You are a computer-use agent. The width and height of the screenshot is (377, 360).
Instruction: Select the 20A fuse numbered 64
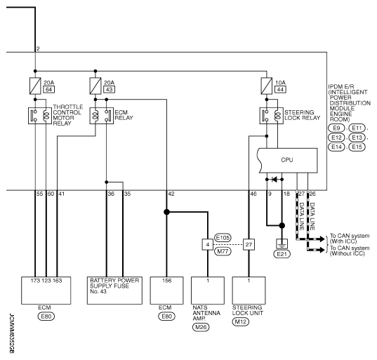tap(35, 86)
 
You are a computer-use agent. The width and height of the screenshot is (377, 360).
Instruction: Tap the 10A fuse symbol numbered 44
tap(267, 86)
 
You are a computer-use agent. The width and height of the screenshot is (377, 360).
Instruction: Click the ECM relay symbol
tap(102, 116)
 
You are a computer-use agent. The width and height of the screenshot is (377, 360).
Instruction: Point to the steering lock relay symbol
tap(272, 116)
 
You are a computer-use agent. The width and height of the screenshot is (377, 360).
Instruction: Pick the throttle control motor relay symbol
tap(40, 116)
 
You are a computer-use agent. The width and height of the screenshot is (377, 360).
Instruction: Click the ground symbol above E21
tap(282, 244)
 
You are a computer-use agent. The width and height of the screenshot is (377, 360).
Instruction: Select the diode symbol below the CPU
tap(275, 179)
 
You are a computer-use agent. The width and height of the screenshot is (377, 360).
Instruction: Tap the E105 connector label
tap(223, 238)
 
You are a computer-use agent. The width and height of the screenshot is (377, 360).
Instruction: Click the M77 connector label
tap(223, 251)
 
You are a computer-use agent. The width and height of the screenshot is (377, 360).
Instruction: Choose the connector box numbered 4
tap(208, 244)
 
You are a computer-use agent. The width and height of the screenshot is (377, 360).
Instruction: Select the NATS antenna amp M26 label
tap(201, 327)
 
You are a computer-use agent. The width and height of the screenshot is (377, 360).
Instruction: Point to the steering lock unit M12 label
tap(240, 321)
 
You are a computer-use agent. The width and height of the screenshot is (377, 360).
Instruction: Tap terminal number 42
tap(171, 194)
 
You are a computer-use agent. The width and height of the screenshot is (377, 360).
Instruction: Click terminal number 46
tap(253, 194)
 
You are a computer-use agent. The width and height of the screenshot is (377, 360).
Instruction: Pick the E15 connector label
tap(357, 147)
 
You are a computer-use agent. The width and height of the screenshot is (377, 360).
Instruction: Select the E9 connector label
tap(336, 128)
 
